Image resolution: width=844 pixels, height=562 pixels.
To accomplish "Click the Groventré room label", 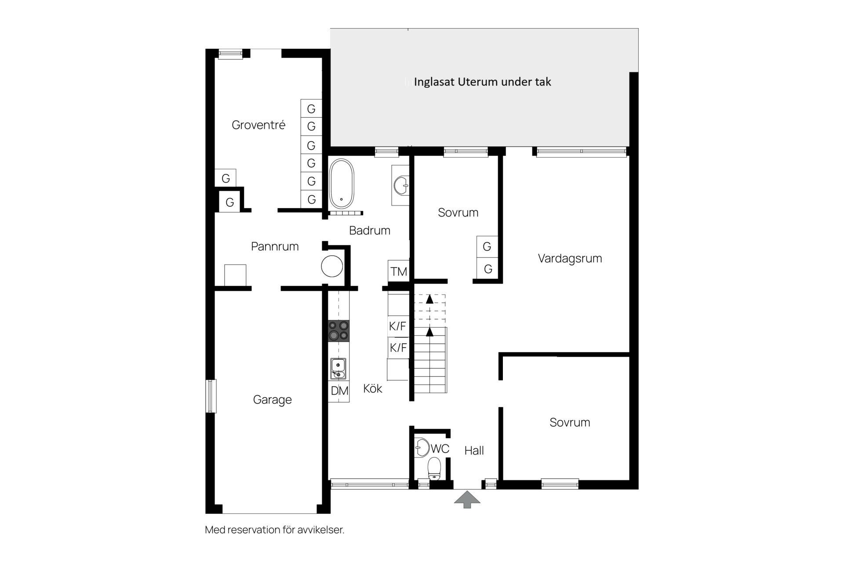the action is [258, 125].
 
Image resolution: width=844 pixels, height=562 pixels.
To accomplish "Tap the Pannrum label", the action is [275, 246].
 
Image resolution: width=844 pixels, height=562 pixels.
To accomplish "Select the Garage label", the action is [273, 400].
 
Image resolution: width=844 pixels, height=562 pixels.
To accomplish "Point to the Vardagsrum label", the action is [570, 259].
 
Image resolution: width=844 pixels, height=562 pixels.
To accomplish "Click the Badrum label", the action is [370, 231].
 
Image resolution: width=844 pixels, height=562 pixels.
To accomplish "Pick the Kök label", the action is [373, 389].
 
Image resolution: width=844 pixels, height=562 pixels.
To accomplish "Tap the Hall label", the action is [474, 450].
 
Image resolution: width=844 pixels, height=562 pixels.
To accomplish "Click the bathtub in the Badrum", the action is [342, 184].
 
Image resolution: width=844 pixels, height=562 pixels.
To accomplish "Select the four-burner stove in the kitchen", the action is [339, 331].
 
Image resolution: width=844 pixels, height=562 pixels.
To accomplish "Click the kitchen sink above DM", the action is [338, 369].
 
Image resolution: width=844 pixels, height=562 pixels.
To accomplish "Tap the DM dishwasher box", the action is [339, 391].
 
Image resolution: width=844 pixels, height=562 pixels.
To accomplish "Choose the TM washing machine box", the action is [399, 271].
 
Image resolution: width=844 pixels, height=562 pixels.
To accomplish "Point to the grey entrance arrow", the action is [467, 500].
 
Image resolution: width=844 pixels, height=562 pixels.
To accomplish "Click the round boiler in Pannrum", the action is [332, 266].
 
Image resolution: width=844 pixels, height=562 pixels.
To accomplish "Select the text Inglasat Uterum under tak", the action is [482, 82].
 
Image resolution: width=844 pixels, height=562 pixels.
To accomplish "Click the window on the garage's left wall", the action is [211, 396].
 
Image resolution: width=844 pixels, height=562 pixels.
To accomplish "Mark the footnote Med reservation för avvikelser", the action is [275, 530].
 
